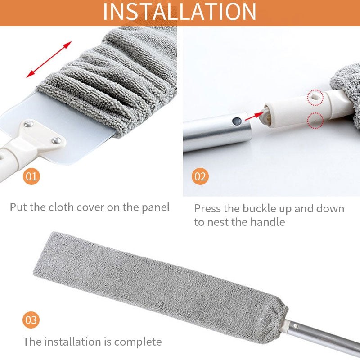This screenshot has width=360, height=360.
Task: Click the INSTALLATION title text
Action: tap(180, 12)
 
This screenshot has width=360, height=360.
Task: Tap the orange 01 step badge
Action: tap(31, 176)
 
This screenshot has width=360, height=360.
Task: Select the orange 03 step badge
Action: tap(31, 320)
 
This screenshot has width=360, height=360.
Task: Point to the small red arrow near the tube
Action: tap(254, 115)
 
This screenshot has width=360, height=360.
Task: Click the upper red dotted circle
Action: tap(315, 97)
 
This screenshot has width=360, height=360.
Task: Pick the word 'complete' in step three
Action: tap(138, 342)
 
